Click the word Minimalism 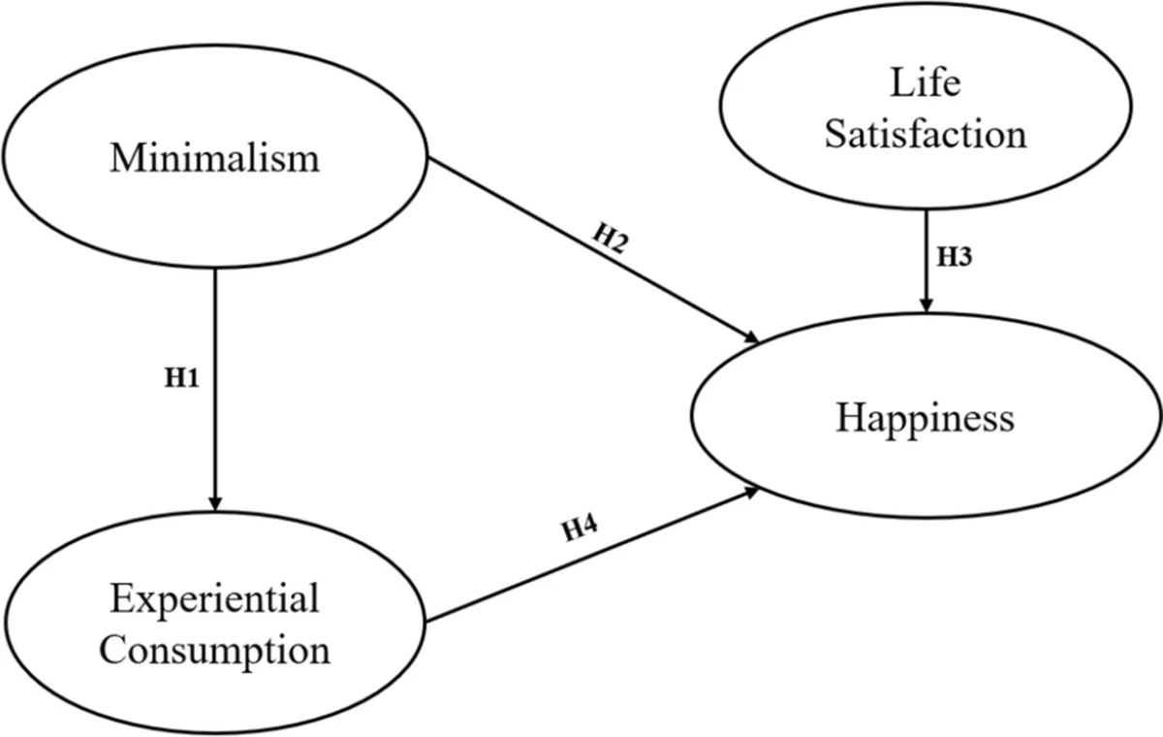coord(214,157)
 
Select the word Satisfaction coord(925,133)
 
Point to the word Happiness coord(925,418)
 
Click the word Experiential coord(214,598)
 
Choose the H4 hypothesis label coord(581,529)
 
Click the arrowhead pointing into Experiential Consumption coord(215,502)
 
